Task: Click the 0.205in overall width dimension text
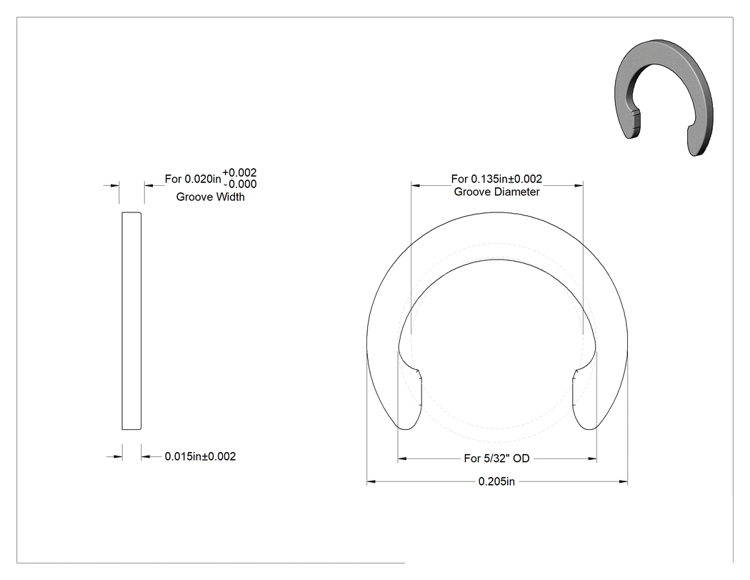coord(496,481)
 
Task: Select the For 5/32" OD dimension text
coord(496,458)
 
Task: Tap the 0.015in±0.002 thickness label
coord(201,456)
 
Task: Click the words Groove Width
coord(211,197)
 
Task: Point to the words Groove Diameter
coord(497,192)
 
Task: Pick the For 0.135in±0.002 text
coord(496,179)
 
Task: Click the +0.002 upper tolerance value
coord(239,172)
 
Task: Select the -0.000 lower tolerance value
coord(240,184)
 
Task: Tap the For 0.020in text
coord(194,179)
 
